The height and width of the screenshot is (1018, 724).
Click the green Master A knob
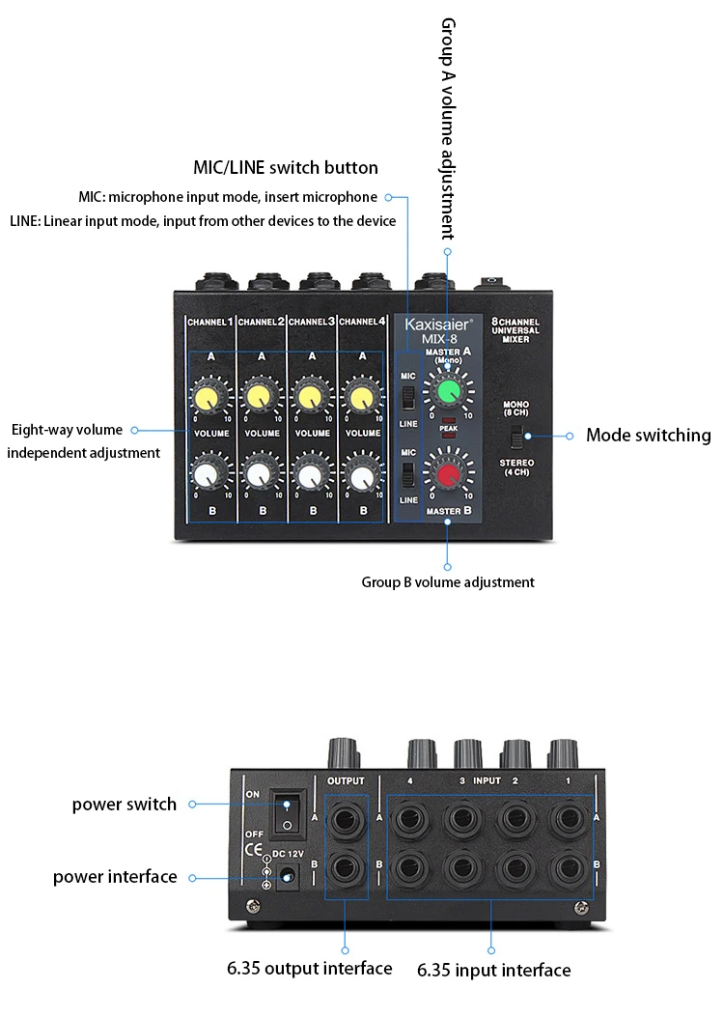click(448, 391)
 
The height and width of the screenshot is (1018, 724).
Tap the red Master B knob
click(448, 474)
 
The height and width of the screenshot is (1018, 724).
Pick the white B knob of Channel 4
click(361, 476)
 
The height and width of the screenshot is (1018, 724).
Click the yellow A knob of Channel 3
click(310, 397)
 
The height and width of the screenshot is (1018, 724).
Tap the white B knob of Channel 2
click(259, 476)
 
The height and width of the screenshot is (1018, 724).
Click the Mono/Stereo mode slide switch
click(516, 437)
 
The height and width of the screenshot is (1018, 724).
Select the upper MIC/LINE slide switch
click(407, 398)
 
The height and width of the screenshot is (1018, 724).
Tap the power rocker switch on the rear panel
click(287, 813)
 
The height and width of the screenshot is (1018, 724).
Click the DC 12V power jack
click(288, 877)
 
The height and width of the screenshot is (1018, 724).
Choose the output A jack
click(345, 819)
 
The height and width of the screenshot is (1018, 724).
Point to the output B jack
click(345, 868)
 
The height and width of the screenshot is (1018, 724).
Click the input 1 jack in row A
click(566, 819)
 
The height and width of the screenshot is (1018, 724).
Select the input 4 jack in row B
click(409, 868)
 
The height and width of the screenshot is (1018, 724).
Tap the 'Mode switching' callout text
click(648, 435)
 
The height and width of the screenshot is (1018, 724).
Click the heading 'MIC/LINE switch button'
click(286, 167)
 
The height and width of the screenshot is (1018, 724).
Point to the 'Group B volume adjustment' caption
click(448, 582)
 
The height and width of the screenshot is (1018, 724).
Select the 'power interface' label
click(115, 877)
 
